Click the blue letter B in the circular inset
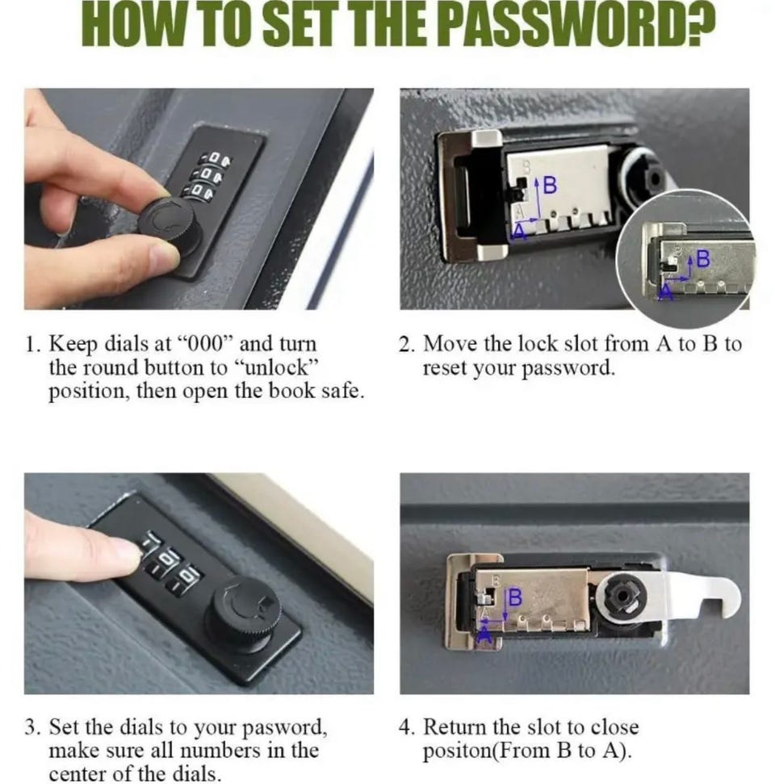pos(702,258)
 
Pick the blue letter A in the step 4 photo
pos(484,635)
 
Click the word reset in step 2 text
pos(445,368)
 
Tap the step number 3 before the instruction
pos(32,727)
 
